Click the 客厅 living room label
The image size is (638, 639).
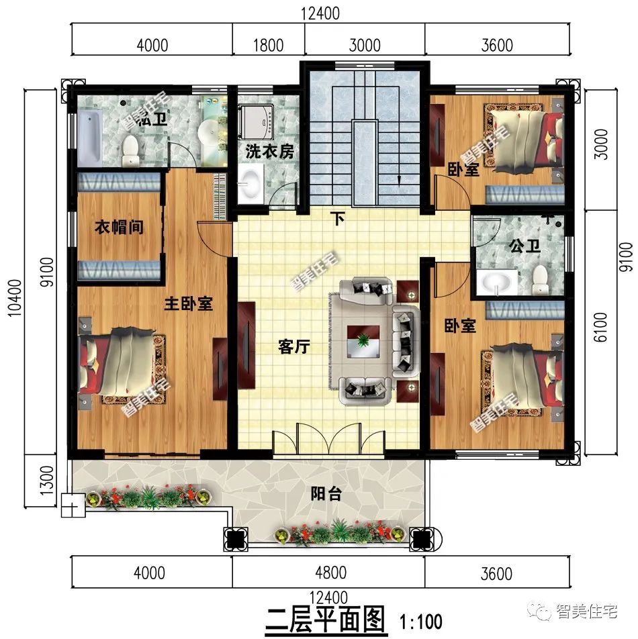pyautogui.click(x=293, y=346)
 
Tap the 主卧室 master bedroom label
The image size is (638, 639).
pyautogui.click(x=189, y=304)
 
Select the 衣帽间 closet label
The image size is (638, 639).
pyautogui.click(x=118, y=228)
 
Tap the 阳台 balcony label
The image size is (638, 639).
pyautogui.click(x=326, y=495)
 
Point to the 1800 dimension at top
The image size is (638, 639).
pyautogui.click(x=268, y=46)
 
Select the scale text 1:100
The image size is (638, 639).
pyautogui.click(x=422, y=617)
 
